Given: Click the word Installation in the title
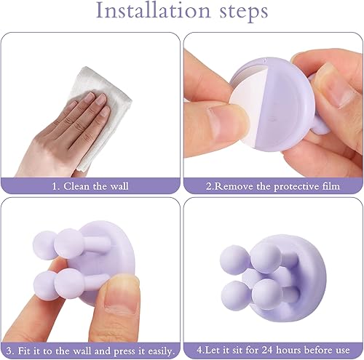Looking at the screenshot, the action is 153,10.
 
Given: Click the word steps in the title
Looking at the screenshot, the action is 244,12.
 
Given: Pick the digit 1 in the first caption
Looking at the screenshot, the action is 55,186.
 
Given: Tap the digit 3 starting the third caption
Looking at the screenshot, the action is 9,351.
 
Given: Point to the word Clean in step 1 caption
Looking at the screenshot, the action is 76,186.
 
